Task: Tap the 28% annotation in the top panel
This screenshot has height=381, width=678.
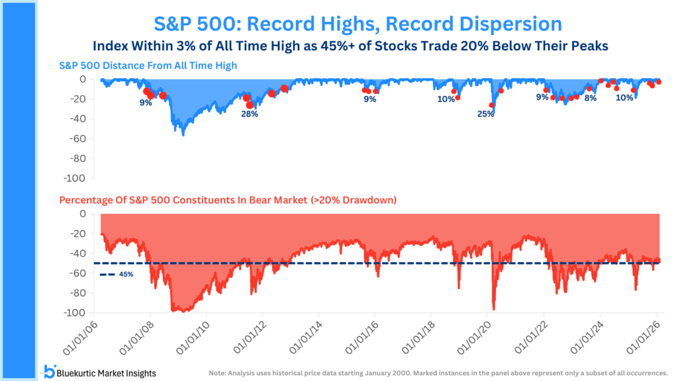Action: click(x=250, y=114)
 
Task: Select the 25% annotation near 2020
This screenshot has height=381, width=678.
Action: click(x=485, y=114)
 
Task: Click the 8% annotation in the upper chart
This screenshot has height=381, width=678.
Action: click(x=590, y=98)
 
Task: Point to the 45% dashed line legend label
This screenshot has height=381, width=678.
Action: click(x=125, y=274)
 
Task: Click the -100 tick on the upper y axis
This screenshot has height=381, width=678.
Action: click(x=75, y=179)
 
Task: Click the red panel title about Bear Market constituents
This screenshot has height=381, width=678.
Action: click(x=228, y=199)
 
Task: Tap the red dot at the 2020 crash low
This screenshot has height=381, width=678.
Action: click(x=491, y=105)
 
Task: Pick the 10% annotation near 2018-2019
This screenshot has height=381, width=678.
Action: click(x=446, y=99)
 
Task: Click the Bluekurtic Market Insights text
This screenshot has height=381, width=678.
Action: click(x=108, y=373)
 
